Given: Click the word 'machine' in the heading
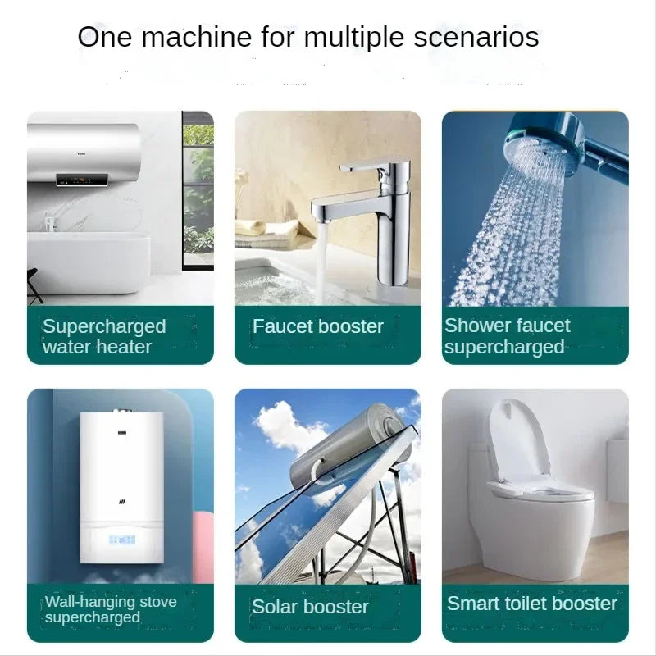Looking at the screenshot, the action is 196,37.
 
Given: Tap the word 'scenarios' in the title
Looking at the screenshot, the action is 476,37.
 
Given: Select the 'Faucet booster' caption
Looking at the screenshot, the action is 317,326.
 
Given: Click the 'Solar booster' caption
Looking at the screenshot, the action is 310,607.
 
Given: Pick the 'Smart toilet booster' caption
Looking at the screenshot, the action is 531,604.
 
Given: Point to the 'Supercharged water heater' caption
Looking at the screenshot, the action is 104,337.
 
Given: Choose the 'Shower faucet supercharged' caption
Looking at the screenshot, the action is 507,336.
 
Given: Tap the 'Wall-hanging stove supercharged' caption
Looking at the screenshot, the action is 111,609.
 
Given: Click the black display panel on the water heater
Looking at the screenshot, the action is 82,180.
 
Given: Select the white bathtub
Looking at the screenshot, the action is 89,262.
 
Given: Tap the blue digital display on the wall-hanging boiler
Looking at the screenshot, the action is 122,540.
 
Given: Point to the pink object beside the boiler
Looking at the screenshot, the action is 203,544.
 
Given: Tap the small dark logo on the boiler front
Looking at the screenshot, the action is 121,502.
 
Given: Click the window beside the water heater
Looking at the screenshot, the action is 198,190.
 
